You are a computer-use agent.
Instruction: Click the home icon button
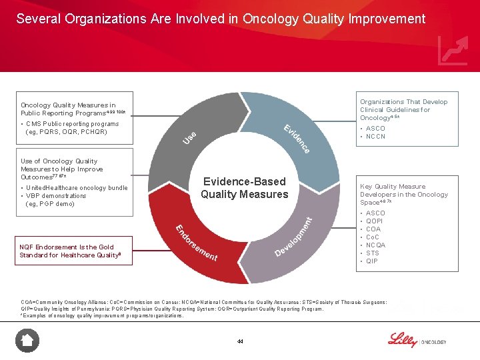click(x=27, y=341)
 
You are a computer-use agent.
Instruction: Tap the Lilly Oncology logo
click(x=417, y=340)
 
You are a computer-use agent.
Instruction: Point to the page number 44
click(x=240, y=341)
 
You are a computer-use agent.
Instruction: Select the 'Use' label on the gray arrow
click(x=189, y=137)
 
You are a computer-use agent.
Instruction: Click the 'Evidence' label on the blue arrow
click(x=297, y=139)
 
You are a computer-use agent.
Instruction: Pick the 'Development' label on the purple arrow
click(x=293, y=237)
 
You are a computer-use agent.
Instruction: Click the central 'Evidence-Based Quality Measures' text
click(x=244, y=188)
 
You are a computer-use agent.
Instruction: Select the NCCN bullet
click(x=375, y=137)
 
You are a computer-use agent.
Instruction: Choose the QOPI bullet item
click(x=375, y=221)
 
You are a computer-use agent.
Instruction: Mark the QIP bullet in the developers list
click(x=371, y=261)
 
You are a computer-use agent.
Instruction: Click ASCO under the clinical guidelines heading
click(x=375, y=129)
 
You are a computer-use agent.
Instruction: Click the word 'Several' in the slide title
click(x=38, y=19)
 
